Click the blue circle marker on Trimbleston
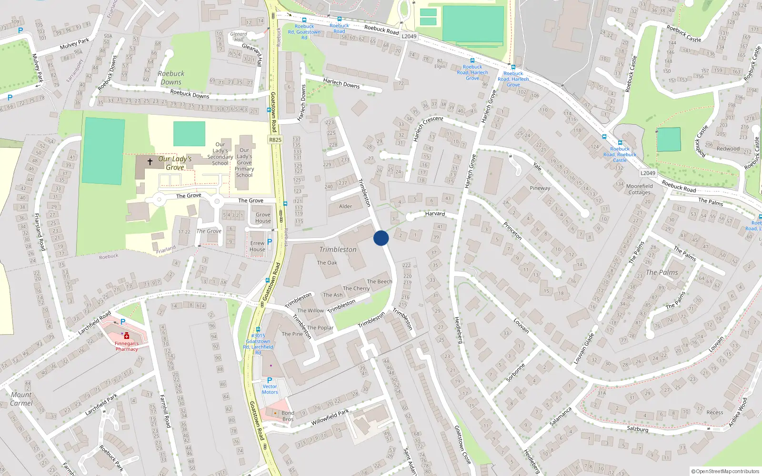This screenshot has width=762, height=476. click(x=381, y=238)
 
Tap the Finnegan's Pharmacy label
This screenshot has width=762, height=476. click(x=127, y=346)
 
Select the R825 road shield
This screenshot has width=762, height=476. click(x=275, y=139)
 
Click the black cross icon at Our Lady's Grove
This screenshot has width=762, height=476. click(x=150, y=162)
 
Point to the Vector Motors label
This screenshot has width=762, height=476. click(x=270, y=389)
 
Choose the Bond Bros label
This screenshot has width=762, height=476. click(x=288, y=416)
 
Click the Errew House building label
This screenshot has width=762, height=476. click(x=257, y=246)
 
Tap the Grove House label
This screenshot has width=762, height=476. click(x=263, y=218)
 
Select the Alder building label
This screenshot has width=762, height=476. click(x=346, y=206)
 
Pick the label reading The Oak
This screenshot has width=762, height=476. click(x=327, y=263)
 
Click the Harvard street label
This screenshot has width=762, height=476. click(x=435, y=214)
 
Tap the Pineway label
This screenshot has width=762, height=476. click(x=540, y=188)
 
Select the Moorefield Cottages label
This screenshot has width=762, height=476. click(x=640, y=189)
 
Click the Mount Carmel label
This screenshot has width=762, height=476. click(x=21, y=399)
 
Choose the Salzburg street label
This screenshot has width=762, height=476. click(x=637, y=429)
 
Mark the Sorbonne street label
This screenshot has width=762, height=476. click(x=515, y=373)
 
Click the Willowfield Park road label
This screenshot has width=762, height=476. click(x=330, y=417)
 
